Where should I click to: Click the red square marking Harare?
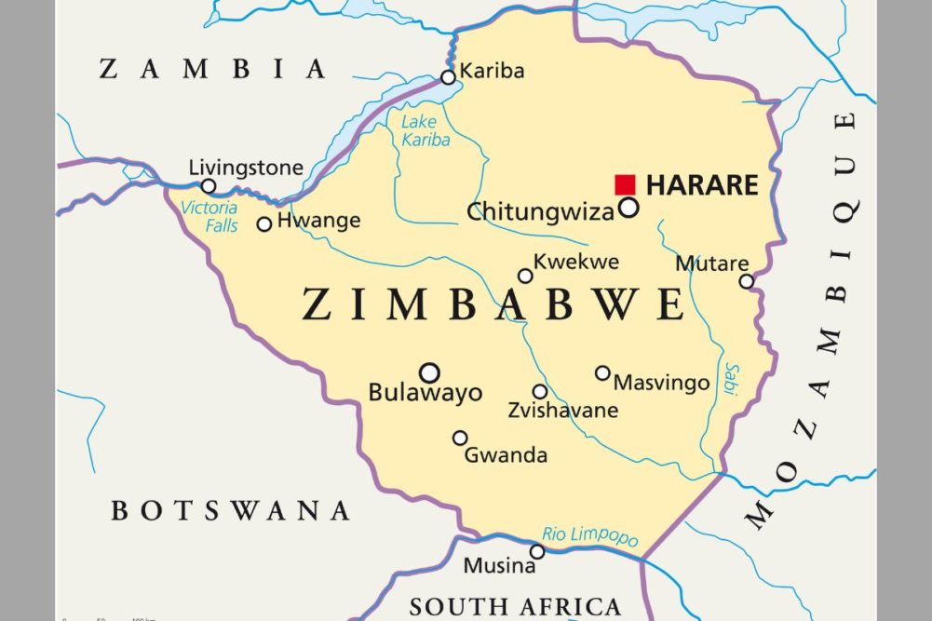click(625, 184)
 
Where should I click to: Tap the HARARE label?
click(702, 185)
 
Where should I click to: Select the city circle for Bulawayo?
click(429, 372)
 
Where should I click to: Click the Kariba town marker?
click(449, 77)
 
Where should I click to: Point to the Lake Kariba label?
click(425, 131)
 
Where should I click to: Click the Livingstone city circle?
click(209, 186)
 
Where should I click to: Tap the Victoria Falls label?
click(209, 217)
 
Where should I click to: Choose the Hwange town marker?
click(264, 223)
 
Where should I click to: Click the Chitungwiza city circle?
click(629, 208)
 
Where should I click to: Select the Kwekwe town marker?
click(526, 276)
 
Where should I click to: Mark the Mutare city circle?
click(746, 281)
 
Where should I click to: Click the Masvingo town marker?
click(602, 373)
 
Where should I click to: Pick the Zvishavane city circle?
click(540, 392)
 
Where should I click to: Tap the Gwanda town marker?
click(460, 438)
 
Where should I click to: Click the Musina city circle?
click(537, 552)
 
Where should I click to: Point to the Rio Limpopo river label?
click(590, 536)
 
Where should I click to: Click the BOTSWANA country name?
click(230, 510)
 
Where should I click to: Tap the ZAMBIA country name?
click(213, 69)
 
